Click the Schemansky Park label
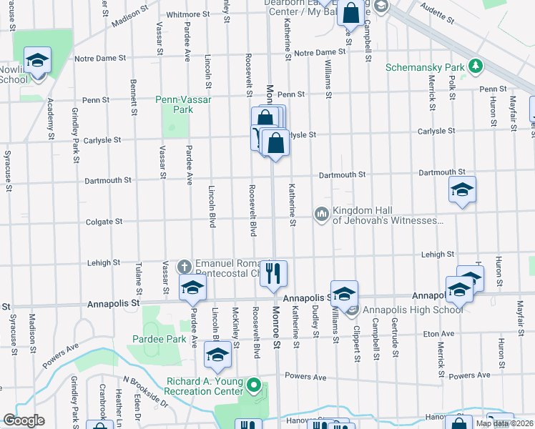(426, 68)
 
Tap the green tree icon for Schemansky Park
(475, 67)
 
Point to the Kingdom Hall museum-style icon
(321, 213)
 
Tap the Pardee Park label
(154, 337)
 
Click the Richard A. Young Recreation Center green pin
(252, 387)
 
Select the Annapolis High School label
(413, 309)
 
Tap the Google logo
(24, 420)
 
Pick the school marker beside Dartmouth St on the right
(462, 190)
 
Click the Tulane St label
(139, 280)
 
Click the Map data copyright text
(504, 423)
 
